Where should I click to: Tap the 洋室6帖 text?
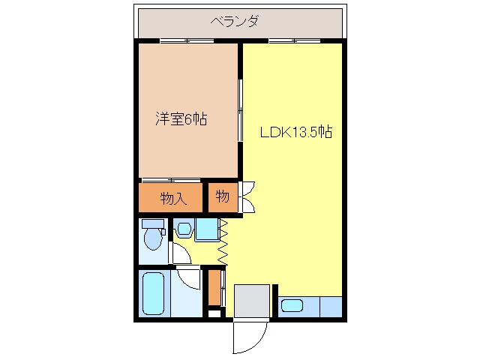[181, 118]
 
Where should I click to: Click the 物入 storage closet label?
[172, 199]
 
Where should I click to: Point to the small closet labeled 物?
[223, 197]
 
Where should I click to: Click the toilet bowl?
[154, 238]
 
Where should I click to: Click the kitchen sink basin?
[292, 306]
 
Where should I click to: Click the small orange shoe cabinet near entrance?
[215, 288]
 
